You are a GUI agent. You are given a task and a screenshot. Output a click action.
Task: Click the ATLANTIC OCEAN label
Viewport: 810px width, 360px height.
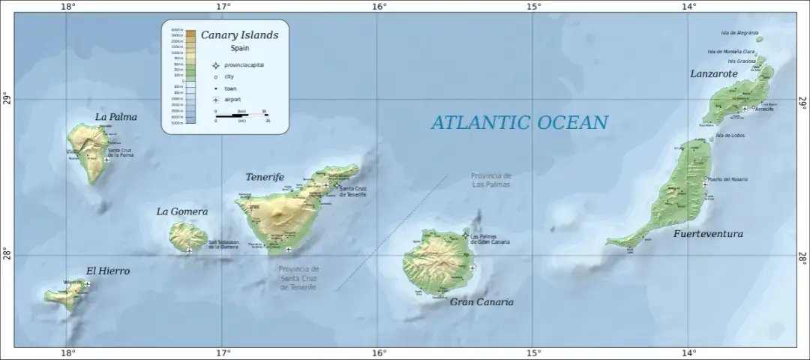point(519,122)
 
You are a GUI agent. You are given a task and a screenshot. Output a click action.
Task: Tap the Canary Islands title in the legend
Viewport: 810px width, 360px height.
point(239,35)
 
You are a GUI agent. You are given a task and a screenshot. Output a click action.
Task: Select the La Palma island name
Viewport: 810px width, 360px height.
point(116,117)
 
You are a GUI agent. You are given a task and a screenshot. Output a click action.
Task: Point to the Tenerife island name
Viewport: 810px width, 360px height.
point(265,178)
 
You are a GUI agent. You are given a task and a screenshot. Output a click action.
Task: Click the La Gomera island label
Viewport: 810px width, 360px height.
point(181,211)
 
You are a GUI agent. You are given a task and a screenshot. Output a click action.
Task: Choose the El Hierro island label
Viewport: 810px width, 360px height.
point(108,271)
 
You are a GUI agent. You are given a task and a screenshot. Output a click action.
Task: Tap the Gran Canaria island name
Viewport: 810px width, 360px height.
point(481,301)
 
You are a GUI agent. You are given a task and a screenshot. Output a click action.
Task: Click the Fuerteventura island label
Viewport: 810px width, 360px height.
point(708,234)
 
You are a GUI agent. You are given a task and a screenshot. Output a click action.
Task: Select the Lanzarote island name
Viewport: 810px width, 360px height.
point(713,73)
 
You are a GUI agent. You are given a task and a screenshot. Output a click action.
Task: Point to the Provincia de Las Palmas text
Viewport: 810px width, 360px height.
point(491,179)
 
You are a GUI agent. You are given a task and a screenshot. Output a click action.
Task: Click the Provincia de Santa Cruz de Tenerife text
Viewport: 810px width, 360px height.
point(298,277)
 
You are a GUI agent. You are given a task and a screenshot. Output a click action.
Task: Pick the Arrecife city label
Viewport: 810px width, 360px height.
point(764,109)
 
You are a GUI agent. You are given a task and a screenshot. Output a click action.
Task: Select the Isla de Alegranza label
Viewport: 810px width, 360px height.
point(739,32)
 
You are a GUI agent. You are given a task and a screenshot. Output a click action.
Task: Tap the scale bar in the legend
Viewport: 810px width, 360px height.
point(241,115)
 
